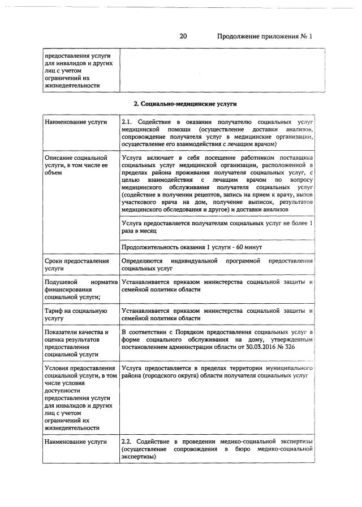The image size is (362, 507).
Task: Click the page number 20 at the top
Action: [x=183, y=37]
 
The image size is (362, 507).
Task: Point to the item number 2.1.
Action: [x=127, y=122]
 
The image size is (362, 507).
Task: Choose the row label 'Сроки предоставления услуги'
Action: [x=76, y=265]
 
